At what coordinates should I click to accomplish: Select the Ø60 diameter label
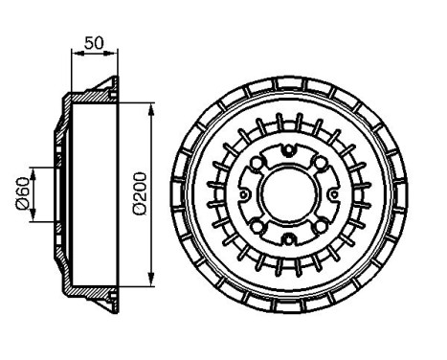[20, 194]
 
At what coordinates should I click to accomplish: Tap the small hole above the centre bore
[288, 149]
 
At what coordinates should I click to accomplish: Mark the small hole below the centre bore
[288, 239]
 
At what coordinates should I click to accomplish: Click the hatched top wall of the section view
[96, 96]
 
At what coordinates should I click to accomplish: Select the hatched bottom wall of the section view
[96, 293]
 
